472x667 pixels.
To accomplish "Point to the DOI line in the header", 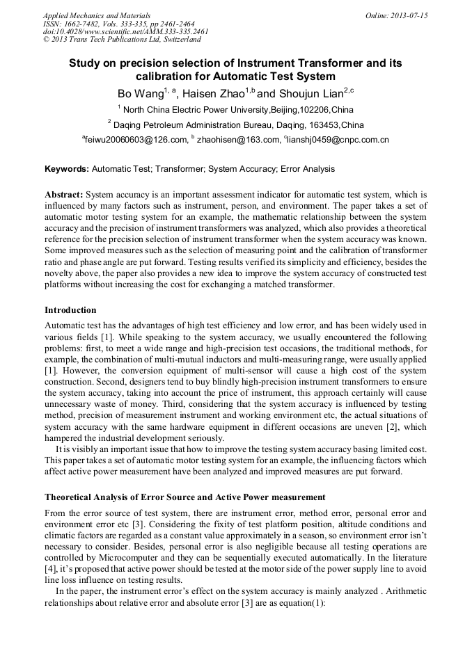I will click(x=125, y=31).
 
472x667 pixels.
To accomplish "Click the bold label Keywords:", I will click(x=67, y=169).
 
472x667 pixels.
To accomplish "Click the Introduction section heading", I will click(x=70, y=310).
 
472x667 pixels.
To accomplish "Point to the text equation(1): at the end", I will click(x=297, y=604).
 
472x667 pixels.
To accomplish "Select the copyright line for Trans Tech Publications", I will click(x=122, y=40).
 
